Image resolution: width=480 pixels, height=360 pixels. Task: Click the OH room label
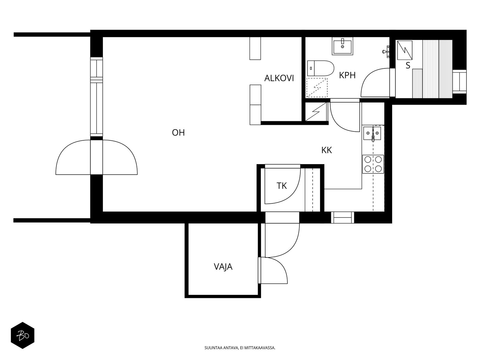coord(178,133)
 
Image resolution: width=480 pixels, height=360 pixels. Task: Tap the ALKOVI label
coord(279,78)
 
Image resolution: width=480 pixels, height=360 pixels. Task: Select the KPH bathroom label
coord(347,75)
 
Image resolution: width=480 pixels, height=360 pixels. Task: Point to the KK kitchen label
coord(326,150)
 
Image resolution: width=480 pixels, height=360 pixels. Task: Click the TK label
coord(281,186)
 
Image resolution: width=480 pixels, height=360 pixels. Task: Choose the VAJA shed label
coord(223,267)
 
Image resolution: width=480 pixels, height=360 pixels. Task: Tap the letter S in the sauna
coord(408,65)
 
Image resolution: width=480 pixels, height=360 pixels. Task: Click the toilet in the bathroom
coord(321,68)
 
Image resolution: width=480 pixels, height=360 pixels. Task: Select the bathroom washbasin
coord(342,46)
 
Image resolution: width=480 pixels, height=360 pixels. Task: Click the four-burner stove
coord(373,164)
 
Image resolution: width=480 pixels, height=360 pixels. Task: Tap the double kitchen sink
coord(372,133)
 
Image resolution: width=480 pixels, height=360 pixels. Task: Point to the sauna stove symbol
coord(405,50)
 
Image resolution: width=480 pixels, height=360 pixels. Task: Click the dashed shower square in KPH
coord(317,87)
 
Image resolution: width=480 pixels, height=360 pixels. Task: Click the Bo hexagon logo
coord(22,335)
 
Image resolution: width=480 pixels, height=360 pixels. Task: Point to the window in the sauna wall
coord(459,82)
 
